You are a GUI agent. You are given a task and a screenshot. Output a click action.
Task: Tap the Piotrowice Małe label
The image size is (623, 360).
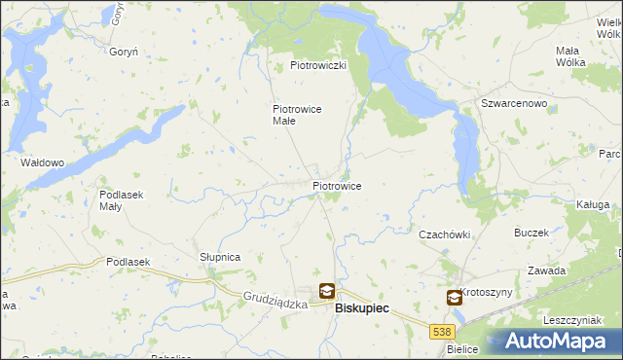[297, 116]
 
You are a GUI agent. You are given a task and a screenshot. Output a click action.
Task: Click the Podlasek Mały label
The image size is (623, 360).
[122, 200]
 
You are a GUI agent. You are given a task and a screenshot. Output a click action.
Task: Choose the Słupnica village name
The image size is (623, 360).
[220, 257]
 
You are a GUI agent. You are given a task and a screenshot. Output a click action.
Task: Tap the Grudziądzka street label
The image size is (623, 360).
[275, 303]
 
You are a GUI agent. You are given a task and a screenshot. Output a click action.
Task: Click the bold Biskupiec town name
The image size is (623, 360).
[362, 307]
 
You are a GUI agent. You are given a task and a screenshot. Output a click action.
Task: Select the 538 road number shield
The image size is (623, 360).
[441, 332]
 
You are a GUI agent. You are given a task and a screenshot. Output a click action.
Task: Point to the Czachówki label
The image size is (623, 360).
[444, 234]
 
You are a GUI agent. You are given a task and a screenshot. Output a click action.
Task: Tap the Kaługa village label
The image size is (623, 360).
[592, 205]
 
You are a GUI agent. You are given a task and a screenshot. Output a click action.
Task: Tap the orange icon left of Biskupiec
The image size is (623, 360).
[326, 290]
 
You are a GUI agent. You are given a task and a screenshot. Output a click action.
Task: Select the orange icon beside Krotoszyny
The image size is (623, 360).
[455, 298]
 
